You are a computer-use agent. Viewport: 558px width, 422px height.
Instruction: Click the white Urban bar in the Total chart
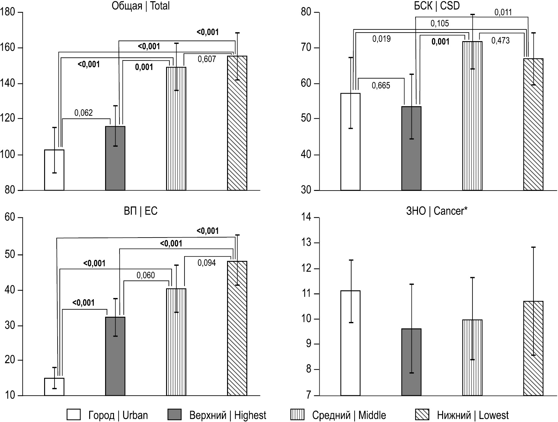[54, 170]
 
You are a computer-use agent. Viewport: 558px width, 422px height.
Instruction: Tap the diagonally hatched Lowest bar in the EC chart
[237, 328]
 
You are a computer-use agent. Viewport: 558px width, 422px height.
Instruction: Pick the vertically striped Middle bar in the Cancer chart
[472, 358]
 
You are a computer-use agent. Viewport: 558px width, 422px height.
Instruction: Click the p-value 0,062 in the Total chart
[83, 113]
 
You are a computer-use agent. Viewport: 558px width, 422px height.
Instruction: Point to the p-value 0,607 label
[207, 59]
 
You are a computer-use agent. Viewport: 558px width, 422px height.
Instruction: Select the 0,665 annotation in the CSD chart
[381, 85]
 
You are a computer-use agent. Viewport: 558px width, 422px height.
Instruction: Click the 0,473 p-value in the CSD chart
[500, 41]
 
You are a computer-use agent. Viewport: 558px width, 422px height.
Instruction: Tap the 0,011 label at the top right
[503, 12]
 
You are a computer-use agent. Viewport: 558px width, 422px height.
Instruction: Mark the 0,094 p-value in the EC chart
[207, 263]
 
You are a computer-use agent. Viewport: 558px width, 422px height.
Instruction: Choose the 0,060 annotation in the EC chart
[146, 275]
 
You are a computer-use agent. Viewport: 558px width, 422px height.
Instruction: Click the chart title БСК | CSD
[437, 6]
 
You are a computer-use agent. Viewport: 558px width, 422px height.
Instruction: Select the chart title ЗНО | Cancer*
[437, 211]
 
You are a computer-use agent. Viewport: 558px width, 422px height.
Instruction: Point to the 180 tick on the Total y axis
[8, 12]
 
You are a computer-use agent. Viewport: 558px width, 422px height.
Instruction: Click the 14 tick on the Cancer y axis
[306, 217]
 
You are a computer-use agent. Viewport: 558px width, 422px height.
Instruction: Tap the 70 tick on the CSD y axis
[306, 48]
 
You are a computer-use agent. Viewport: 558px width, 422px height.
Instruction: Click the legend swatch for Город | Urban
[74, 415]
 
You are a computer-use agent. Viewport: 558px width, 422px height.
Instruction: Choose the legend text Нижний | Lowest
[473, 415]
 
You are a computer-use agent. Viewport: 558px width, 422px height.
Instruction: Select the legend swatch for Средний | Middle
[297, 415]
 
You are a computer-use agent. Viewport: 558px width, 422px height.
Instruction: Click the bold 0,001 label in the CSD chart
[440, 42]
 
